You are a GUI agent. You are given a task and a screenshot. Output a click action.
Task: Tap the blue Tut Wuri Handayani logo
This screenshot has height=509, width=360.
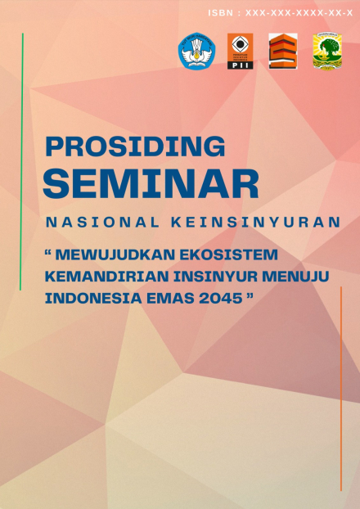(x=196, y=52)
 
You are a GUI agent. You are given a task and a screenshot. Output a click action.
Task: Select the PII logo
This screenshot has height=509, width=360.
(x=240, y=52)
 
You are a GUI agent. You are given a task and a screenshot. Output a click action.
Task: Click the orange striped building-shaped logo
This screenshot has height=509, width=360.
(x=282, y=52)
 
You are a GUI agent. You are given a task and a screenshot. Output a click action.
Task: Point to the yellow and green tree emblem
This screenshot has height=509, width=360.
(x=327, y=52)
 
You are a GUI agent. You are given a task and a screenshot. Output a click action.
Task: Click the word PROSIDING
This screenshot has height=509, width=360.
(x=135, y=146)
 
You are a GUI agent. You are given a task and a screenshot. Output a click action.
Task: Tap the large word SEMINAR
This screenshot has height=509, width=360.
(x=151, y=183)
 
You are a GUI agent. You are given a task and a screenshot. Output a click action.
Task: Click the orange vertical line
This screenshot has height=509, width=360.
(x=340, y=389)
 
